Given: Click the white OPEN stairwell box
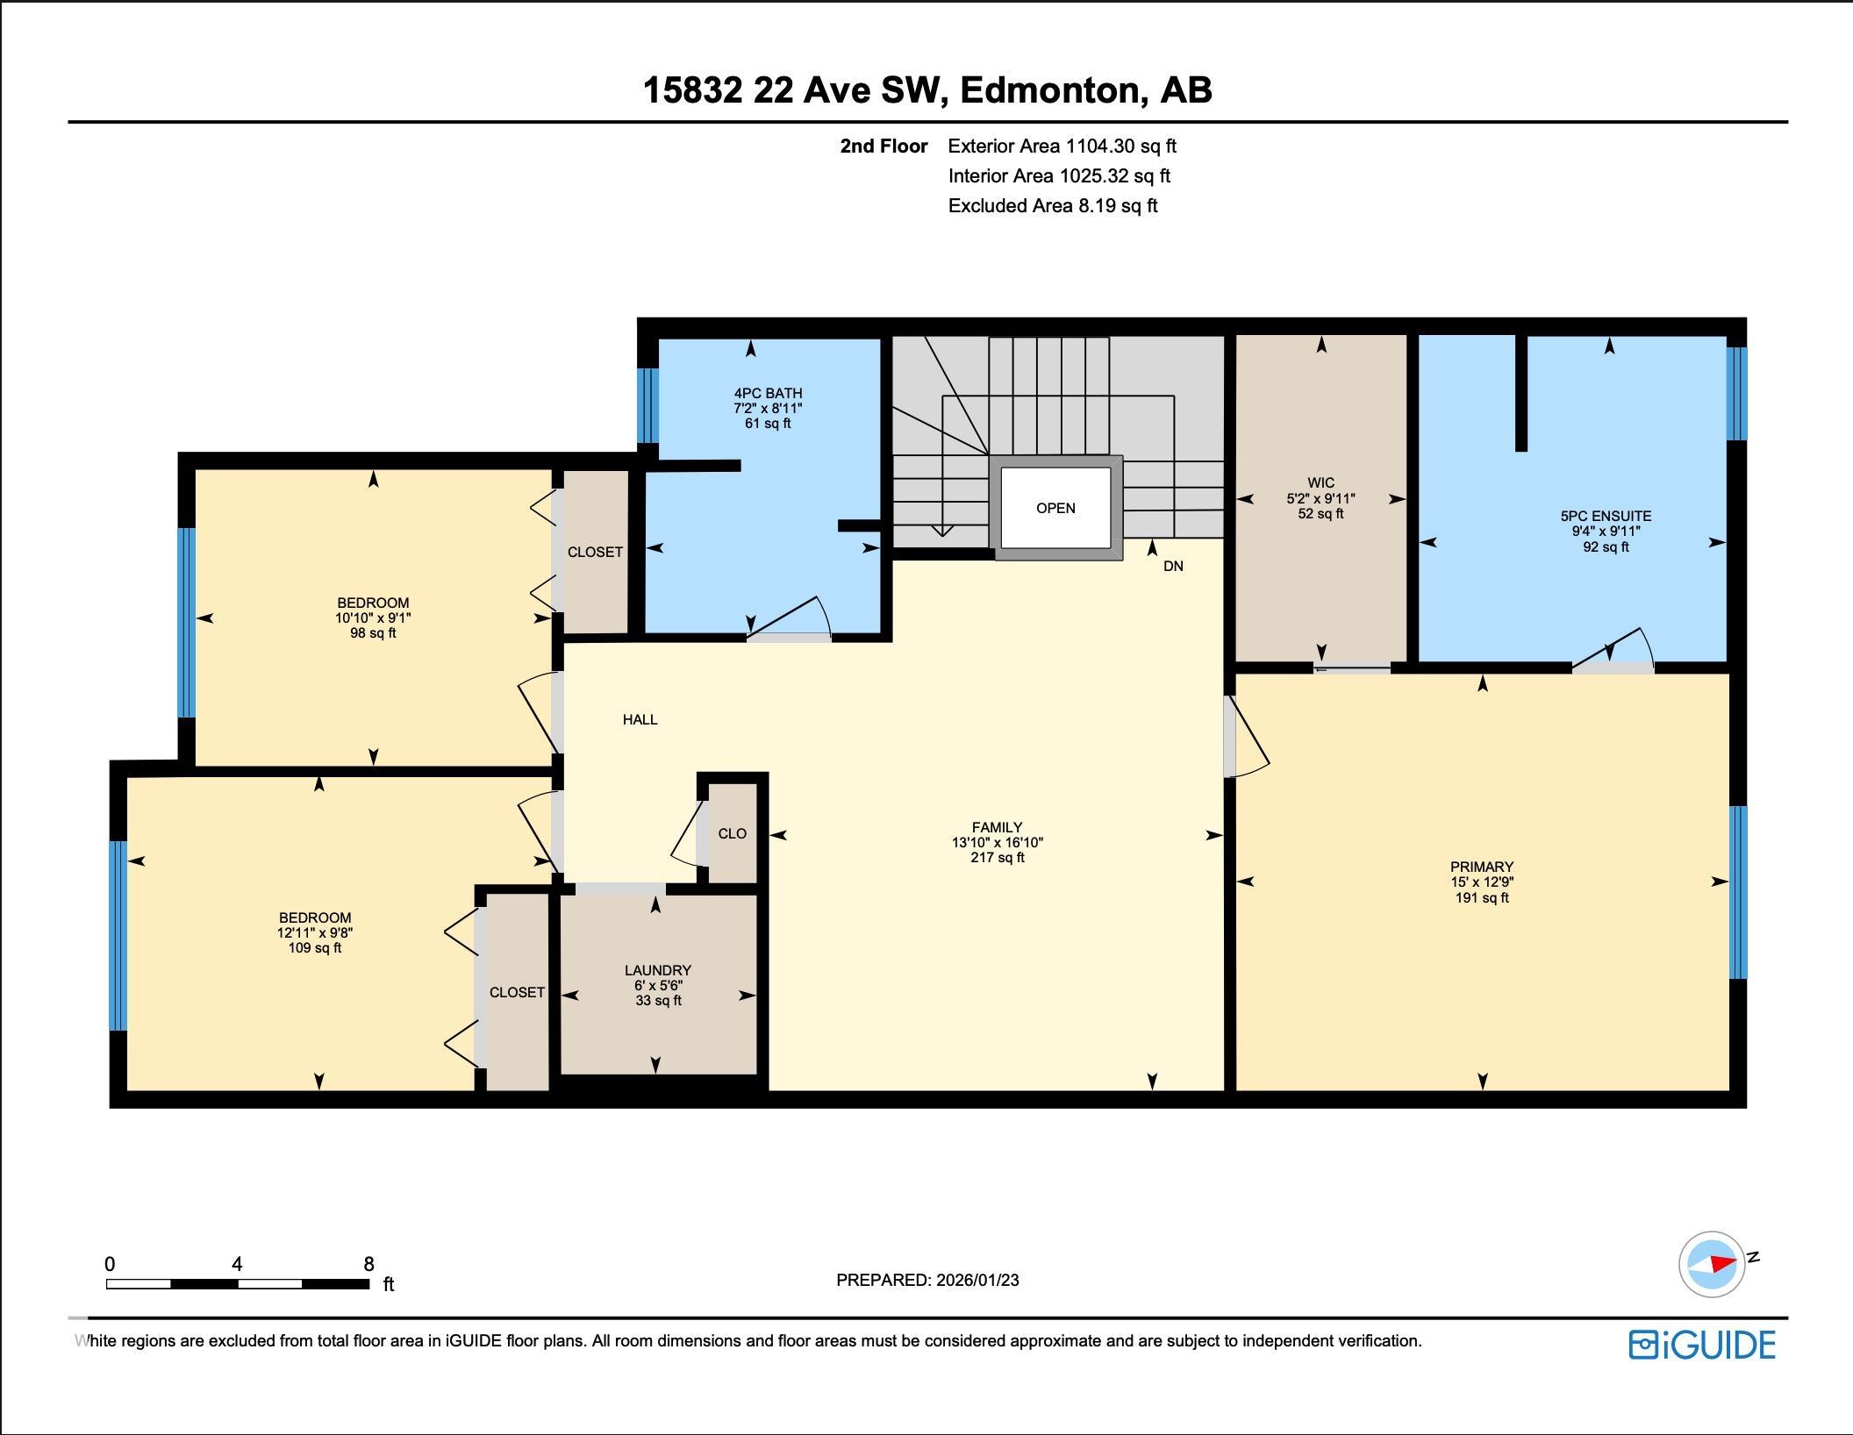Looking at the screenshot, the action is pyautogui.click(x=1055, y=508).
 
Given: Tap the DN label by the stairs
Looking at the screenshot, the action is pyautogui.click(x=1173, y=567).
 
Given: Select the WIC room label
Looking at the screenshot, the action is pyautogui.click(x=1320, y=483).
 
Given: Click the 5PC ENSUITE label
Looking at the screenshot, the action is pyautogui.click(x=1606, y=517).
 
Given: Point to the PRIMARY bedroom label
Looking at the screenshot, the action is pyautogui.click(x=1482, y=867).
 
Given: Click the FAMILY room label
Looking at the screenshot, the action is pyautogui.click(x=997, y=827).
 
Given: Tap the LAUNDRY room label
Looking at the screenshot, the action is pyautogui.click(x=658, y=970).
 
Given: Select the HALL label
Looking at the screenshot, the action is pyautogui.click(x=640, y=719).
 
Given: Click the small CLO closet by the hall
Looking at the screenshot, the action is pyautogui.click(x=732, y=833).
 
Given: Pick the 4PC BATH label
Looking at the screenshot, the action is pyautogui.click(x=768, y=393).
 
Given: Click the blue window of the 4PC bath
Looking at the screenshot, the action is pyautogui.click(x=647, y=405).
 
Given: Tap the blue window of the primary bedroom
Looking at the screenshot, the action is pyautogui.click(x=1738, y=892).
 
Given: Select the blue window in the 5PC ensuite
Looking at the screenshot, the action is pyautogui.click(x=1736, y=394).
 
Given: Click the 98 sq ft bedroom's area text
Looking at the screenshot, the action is pyautogui.click(x=373, y=633).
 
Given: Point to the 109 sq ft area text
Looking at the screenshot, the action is pyautogui.click(x=315, y=948).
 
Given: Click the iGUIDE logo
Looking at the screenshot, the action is pyautogui.click(x=1702, y=1345).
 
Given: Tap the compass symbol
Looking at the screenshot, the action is pyautogui.click(x=1713, y=1264).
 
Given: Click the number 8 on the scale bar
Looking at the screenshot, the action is pyautogui.click(x=368, y=1264).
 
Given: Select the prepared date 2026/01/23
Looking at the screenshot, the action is pyautogui.click(x=977, y=1280).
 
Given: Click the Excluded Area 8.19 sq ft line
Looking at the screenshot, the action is pyautogui.click(x=1053, y=206).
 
